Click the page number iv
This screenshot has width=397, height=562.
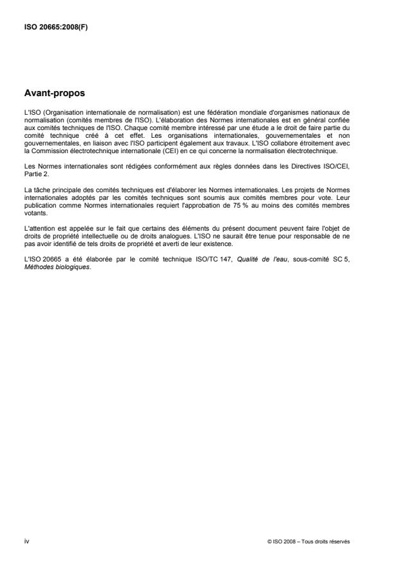pyautogui.click(x=26, y=541)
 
